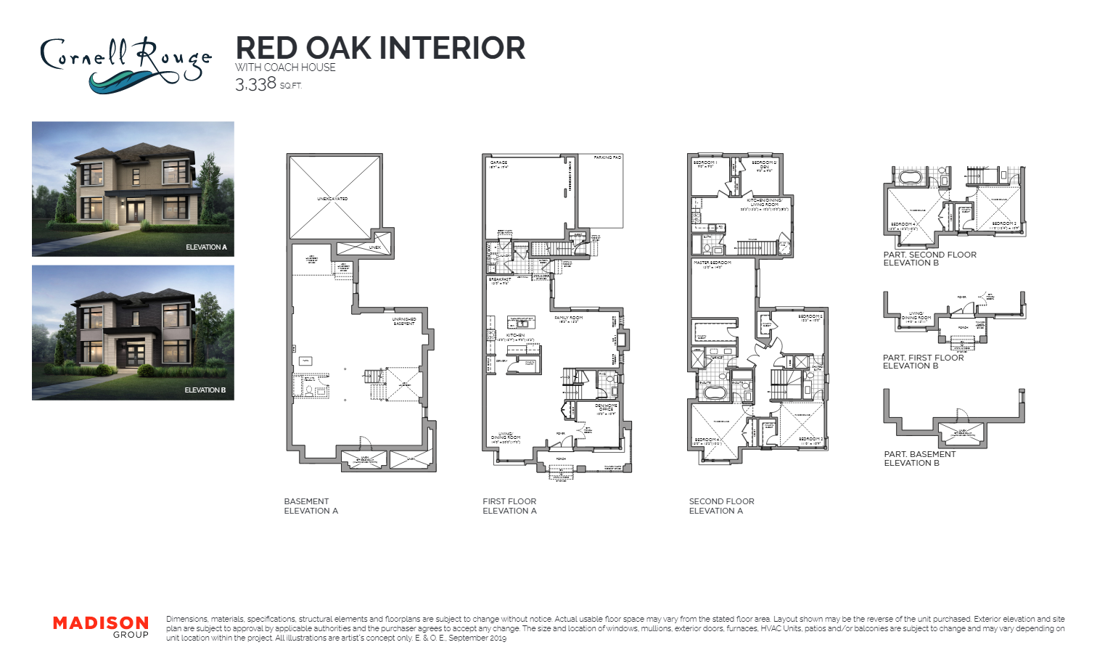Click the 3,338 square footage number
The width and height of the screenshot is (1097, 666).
click(x=255, y=84)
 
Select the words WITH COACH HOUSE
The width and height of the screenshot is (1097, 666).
click(x=285, y=67)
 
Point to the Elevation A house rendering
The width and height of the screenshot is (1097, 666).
click(x=133, y=189)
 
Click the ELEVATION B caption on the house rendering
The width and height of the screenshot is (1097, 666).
click(x=205, y=390)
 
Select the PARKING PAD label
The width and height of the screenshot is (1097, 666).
click(x=607, y=157)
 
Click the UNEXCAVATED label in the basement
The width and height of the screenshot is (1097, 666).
click(x=332, y=198)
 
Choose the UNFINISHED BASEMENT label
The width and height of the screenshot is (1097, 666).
click(x=403, y=321)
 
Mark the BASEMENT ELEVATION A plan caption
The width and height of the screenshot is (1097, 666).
click(x=311, y=506)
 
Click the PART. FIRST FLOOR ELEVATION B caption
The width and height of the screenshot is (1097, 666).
click(x=923, y=361)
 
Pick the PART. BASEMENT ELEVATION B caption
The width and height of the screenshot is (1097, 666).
click(x=919, y=459)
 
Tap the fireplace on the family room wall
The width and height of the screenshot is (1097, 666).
click(x=621, y=339)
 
